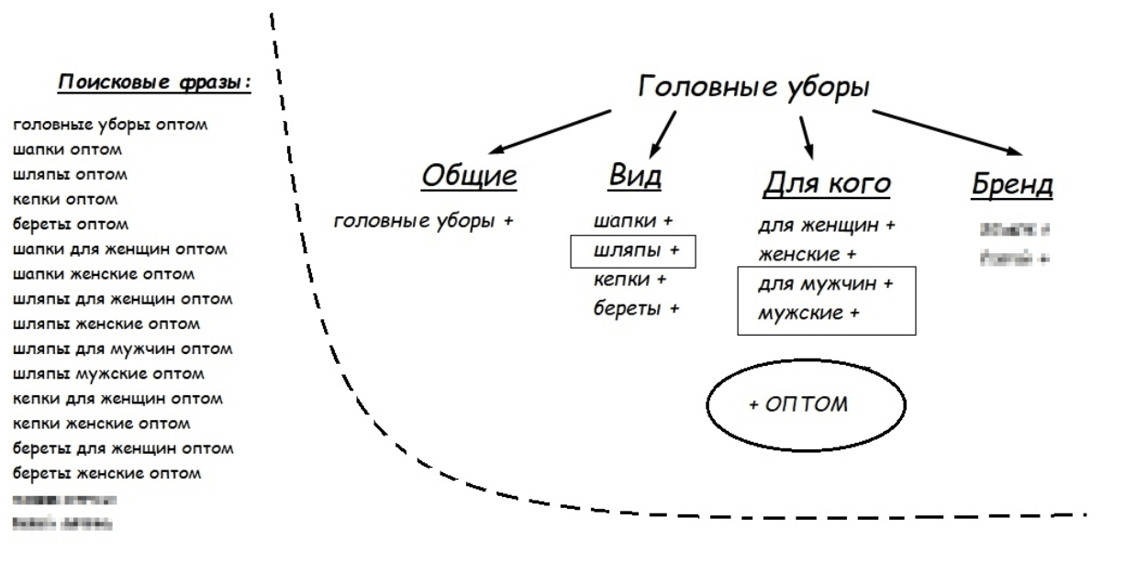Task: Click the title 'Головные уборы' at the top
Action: [x=753, y=88]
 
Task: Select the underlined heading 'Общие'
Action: [x=469, y=178]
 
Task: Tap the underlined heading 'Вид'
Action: [x=635, y=178]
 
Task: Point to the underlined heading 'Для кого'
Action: [x=827, y=183]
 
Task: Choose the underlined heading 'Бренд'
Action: [x=1012, y=185]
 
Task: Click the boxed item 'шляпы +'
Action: [x=632, y=250]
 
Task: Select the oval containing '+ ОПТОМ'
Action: [x=805, y=403]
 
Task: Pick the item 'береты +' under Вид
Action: [x=637, y=308]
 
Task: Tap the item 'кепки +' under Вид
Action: [x=630, y=280]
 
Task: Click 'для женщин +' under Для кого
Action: [x=826, y=225]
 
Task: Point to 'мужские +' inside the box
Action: [x=808, y=314]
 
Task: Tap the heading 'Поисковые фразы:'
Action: [x=155, y=83]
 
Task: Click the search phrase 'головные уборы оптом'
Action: [x=110, y=124]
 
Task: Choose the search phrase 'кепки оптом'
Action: [x=65, y=199]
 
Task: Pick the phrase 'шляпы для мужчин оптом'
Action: [x=123, y=349]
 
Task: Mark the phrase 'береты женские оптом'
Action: [x=106, y=474]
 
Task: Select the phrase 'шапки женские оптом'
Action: [x=104, y=274]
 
